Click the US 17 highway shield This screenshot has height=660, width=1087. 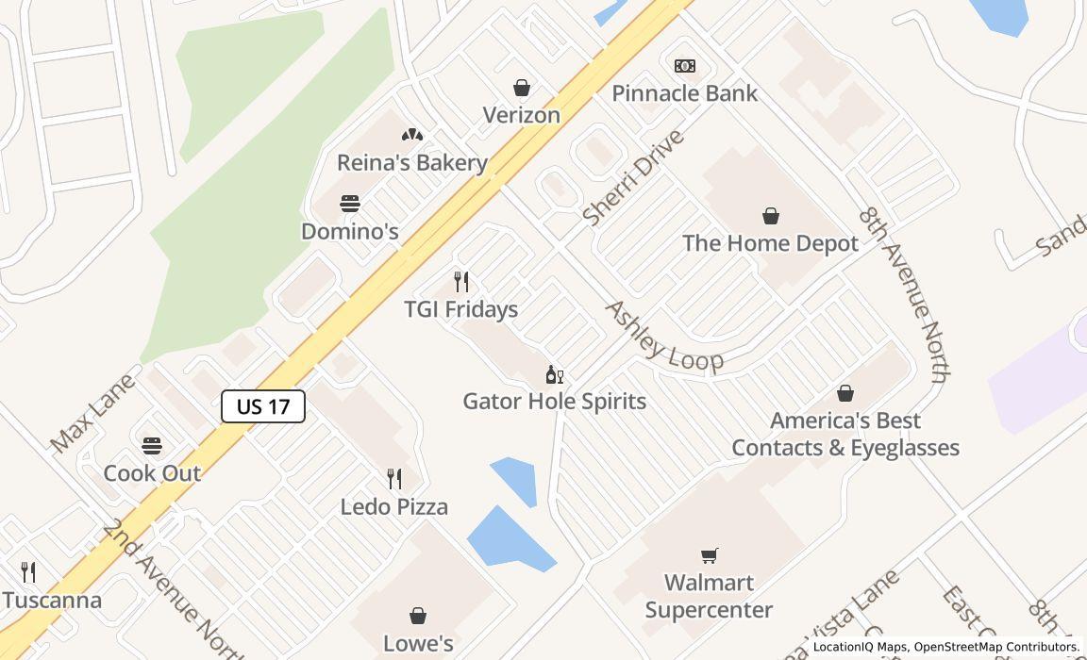(x=262, y=406)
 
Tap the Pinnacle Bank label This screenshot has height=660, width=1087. (x=684, y=93)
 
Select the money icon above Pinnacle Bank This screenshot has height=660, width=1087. (x=685, y=65)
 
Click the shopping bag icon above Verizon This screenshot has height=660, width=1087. (x=521, y=88)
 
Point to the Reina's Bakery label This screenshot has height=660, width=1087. (x=411, y=162)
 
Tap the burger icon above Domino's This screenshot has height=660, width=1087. (x=350, y=204)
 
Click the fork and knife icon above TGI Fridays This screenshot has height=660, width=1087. (x=461, y=282)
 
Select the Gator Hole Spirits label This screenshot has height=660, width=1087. (x=554, y=401)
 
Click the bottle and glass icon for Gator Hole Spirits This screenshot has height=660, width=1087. (x=554, y=375)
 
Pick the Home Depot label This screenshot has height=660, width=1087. (x=770, y=243)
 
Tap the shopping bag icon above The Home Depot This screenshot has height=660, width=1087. (x=771, y=216)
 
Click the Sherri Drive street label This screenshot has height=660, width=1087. (x=632, y=178)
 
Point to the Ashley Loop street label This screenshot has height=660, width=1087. (x=663, y=337)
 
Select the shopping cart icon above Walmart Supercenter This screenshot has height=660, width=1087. (x=709, y=555)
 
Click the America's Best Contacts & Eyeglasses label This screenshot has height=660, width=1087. (x=845, y=434)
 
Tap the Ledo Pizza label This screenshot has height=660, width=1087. (x=393, y=506)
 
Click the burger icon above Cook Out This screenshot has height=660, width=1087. (x=152, y=445)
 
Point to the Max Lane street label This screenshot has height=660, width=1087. (x=92, y=411)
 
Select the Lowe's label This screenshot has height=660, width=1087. (x=418, y=643)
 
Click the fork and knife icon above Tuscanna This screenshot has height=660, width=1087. (x=28, y=571)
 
